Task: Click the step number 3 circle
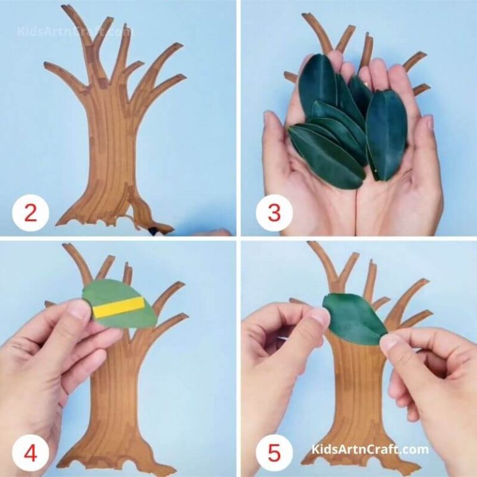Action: (273, 213)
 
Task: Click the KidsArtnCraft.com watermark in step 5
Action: (370, 449)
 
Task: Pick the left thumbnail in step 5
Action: (319, 317)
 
